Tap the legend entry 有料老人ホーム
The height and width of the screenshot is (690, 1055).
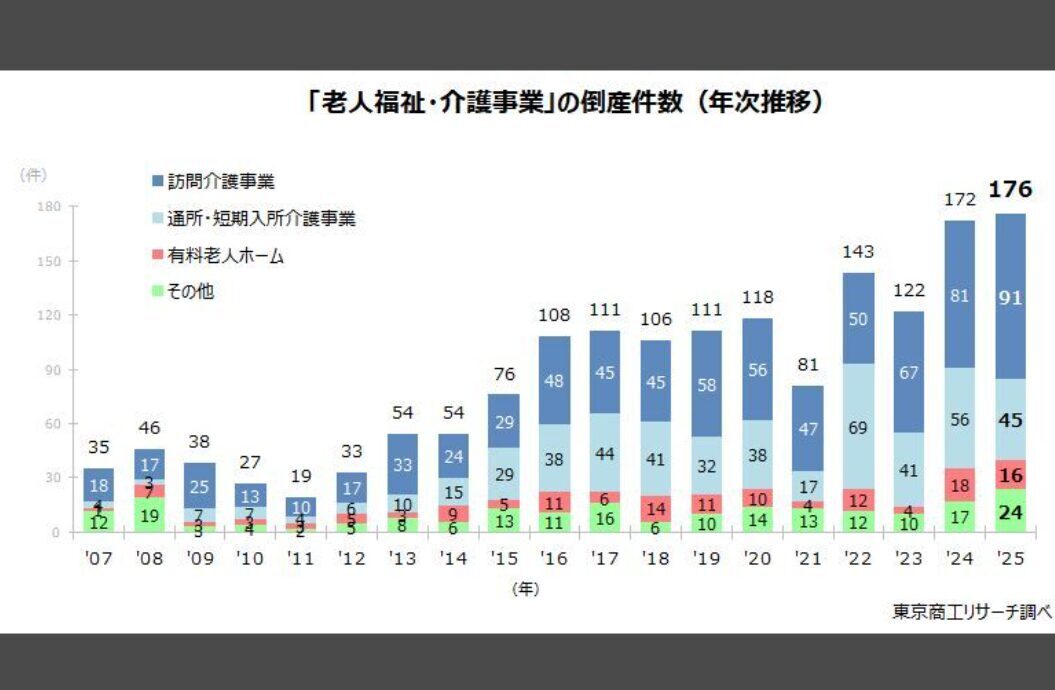pyautogui.click(x=225, y=256)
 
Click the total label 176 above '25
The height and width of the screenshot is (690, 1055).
pyautogui.click(x=1010, y=190)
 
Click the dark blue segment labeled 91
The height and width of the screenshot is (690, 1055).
pyautogui.click(x=1010, y=297)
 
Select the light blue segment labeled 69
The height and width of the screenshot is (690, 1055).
pyautogui.click(x=858, y=427)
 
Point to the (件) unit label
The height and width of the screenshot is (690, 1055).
pyautogui.click(x=32, y=174)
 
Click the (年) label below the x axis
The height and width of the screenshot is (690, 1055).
pyautogui.click(x=526, y=589)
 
